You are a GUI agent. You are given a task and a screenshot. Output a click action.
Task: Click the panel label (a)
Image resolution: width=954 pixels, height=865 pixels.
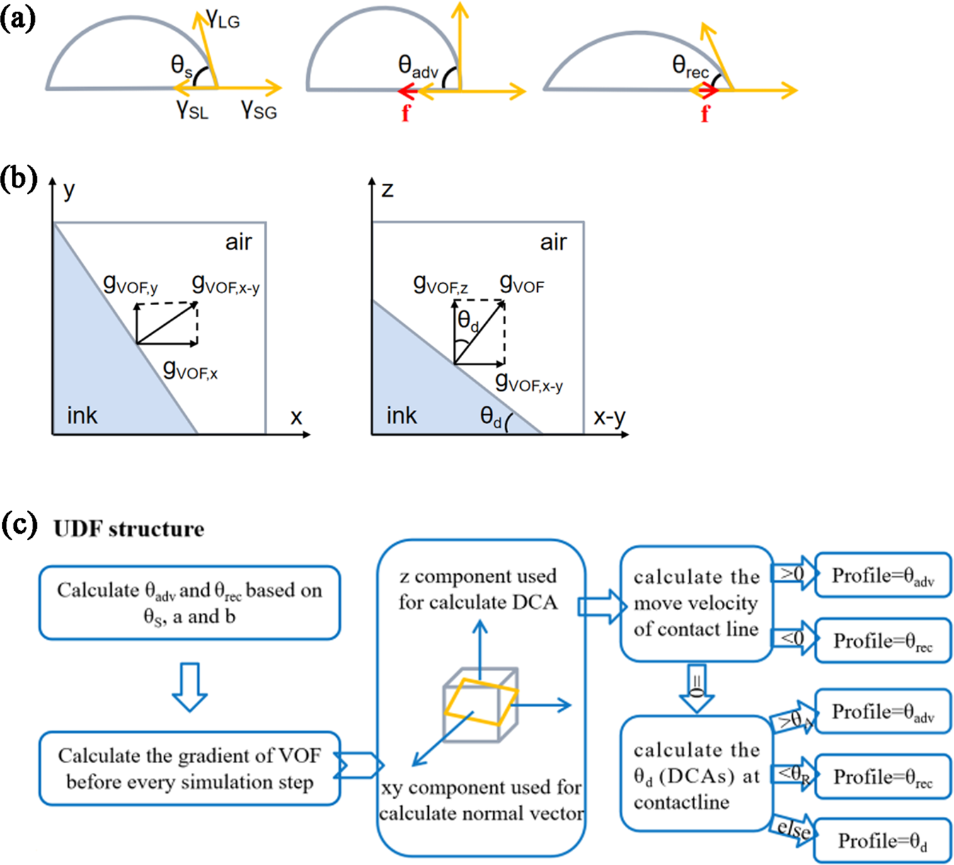(18, 18)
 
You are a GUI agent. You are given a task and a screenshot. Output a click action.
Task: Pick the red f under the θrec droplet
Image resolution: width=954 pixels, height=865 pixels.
(705, 113)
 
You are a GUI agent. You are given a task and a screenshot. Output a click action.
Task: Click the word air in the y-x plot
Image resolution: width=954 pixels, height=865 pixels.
(238, 242)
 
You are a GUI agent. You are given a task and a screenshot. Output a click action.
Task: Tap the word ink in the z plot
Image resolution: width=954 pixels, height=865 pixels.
(401, 416)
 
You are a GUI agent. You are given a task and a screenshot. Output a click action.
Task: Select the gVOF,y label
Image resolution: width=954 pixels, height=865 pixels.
(130, 284)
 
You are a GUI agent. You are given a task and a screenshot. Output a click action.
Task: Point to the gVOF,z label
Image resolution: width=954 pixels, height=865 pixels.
(440, 285)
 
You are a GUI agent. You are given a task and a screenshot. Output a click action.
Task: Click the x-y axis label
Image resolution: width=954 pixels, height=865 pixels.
(609, 417)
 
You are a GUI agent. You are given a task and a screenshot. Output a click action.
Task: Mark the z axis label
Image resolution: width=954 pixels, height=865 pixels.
(387, 190)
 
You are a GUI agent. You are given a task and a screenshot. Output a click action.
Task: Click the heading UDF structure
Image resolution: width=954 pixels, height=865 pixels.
(129, 529)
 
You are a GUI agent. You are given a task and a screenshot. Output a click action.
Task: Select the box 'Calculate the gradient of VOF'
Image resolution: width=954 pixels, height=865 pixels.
(189, 769)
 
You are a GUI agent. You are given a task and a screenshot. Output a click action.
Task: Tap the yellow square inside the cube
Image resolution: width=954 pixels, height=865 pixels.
(481, 701)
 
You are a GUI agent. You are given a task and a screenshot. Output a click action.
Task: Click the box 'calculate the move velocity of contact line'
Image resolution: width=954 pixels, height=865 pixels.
(696, 603)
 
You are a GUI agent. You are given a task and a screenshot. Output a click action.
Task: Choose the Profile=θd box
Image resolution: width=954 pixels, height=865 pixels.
(882, 841)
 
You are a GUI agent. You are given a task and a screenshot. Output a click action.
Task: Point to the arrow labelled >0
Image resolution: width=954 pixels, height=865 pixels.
(793, 574)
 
